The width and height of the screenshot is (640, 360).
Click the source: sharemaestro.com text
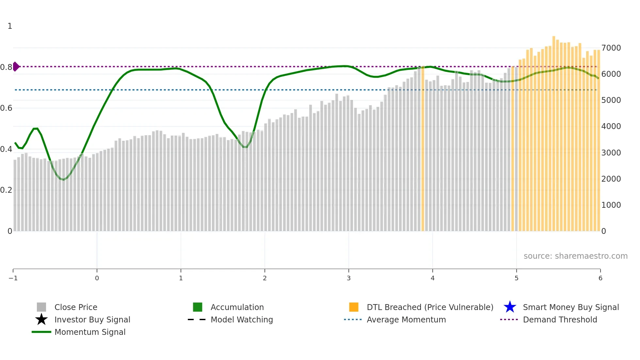[575, 256]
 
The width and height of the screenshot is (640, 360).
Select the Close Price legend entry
[76, 307]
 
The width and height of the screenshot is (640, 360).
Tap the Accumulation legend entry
[237, 307]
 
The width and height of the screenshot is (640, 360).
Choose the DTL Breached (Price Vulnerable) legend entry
[430, 307]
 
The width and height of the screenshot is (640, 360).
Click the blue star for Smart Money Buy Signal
[510, 307]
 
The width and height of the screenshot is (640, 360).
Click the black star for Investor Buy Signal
[41, 319]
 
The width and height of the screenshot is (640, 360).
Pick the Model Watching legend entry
[242, 320]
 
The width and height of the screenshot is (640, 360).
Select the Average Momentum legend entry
[406, 320]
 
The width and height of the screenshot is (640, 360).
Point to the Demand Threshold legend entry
[560, 320]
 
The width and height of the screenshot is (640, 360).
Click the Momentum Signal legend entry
[90, 332]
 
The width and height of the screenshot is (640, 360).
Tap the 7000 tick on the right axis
[611, 48]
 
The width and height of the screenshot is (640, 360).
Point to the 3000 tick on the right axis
[611, 153]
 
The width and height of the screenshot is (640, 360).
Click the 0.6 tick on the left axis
[6, 108]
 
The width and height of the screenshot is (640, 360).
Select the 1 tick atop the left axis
[10, 26]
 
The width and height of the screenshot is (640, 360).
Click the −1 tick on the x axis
[13, 278]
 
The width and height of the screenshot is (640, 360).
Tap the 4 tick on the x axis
[433, 278]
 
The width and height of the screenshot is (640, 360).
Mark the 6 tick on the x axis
[600, 278]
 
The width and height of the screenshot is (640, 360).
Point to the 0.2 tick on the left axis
[6, 190]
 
